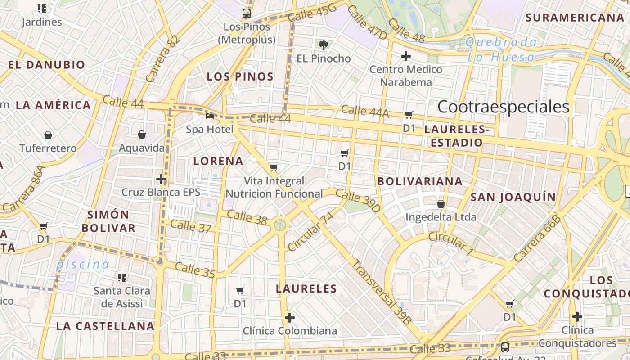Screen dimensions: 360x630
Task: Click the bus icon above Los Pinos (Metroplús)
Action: (x=246, y=13)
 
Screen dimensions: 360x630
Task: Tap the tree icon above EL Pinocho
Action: (x=323, y=45)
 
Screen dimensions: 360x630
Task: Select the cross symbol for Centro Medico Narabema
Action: (x=406, y=56)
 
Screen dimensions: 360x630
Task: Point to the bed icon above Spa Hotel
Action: (x=210, y=116)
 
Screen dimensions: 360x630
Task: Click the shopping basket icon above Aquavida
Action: (x=142, y=135)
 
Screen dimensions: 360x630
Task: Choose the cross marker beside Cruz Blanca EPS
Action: (x=161, y=179)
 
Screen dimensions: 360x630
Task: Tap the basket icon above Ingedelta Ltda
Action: (x=441, y=204)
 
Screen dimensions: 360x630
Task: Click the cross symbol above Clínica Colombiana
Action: (x=290, y=318)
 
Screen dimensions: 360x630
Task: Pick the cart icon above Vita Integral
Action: (x=274, y=168)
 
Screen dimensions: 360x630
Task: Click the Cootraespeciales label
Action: (x=503, y=107)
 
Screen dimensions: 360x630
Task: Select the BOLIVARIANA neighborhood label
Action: (x=420, y=181)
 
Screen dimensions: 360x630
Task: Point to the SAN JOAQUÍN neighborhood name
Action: (x=513, y=197)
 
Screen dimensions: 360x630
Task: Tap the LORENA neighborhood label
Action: (x=218, y=161)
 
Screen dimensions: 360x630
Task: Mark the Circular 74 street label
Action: (x=311, y=231)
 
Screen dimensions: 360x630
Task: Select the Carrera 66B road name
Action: (x=537, y=238)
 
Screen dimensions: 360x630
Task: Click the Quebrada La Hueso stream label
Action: (x=501, y=50)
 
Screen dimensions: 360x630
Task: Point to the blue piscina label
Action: (x=83, y=265)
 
